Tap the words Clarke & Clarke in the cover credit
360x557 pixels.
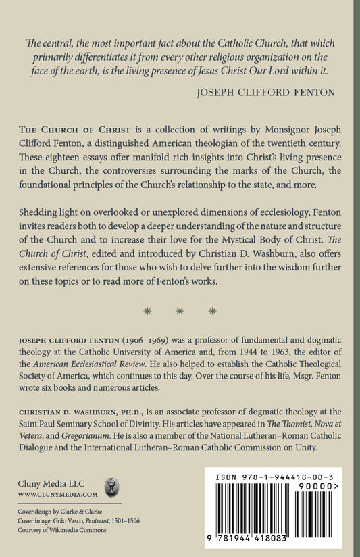(x=88, y=511)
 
